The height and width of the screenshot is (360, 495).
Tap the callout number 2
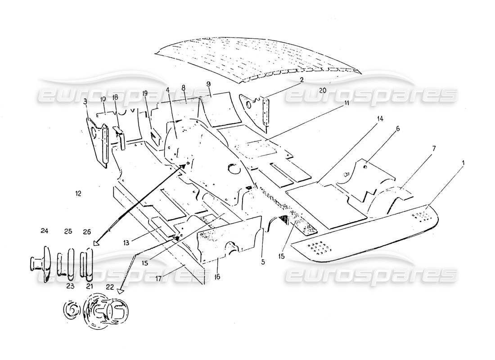click(264, 80)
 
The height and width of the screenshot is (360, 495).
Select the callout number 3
click(85, 102)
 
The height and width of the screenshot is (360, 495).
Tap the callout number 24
click(44, 231)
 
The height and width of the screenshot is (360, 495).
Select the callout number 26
click(87, 231)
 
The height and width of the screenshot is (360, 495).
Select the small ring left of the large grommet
click(71, 311)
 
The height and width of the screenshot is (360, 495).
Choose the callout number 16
click(217, 278)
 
